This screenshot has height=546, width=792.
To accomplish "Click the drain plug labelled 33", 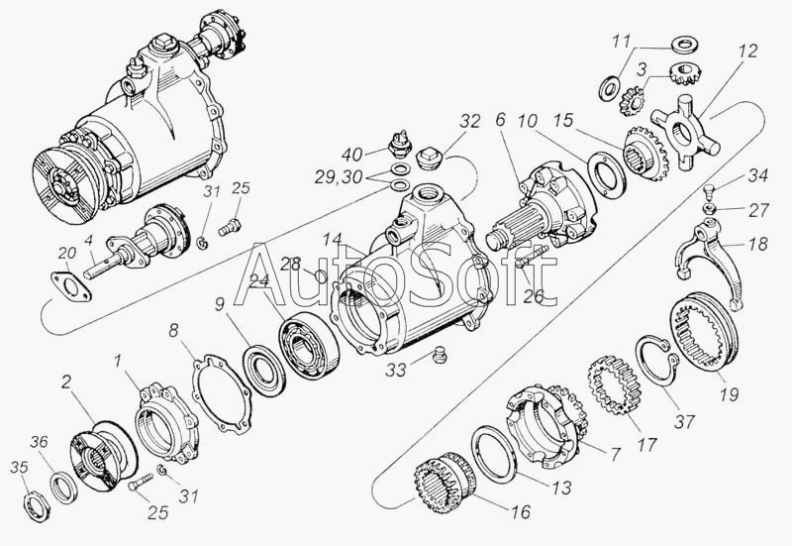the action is click(441, 354).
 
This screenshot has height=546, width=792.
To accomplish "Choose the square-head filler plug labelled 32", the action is click(431, 158).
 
